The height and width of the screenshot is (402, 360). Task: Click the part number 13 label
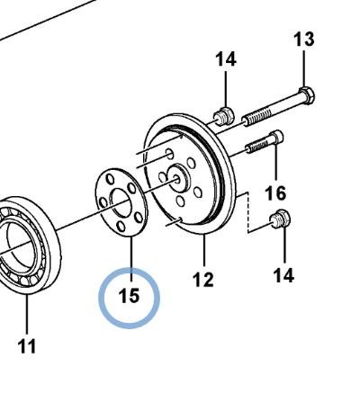pos(304,40)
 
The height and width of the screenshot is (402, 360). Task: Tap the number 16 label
pos(275,193)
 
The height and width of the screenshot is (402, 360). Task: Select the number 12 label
pos(203,280)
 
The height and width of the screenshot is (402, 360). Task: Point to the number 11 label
pos(27,346)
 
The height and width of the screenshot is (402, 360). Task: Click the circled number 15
pos(129,296)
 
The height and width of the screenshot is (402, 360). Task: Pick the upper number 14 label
pos(226,59)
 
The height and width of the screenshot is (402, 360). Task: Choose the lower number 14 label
pos(283,275)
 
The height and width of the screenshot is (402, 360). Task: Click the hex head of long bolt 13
pos(307,95)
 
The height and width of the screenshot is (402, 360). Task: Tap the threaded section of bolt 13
pos(258,117)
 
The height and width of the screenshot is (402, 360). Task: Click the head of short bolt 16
pos(276,138)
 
